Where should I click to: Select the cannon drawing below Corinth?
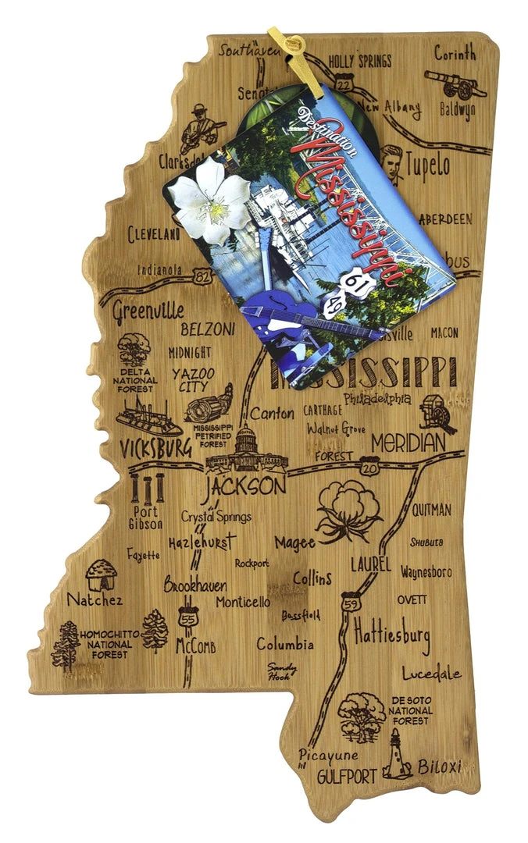tap(455, 83)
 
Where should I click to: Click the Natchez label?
tap(95, 599)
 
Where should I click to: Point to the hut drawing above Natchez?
tap(101, 574)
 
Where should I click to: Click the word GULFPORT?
tap(347, 776)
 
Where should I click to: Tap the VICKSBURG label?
tap(155, 448)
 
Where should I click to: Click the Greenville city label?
tap(148, 311)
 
